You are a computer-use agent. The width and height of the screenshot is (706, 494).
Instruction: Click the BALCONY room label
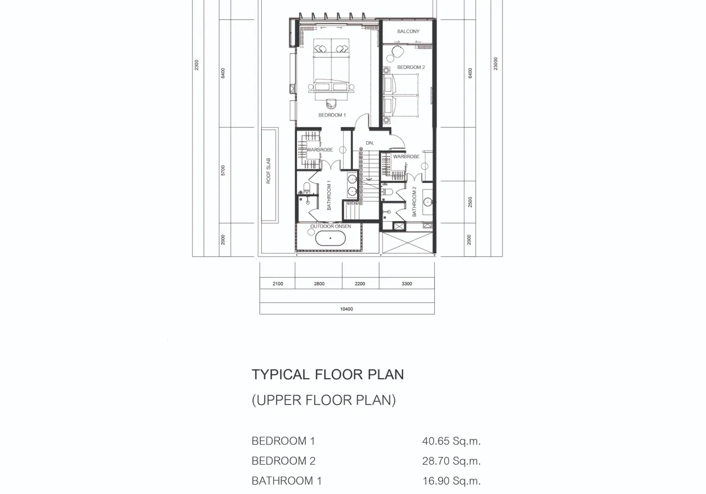click(x=408, y=32)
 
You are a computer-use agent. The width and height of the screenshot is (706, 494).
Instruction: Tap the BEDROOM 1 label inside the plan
click(x=332, y=115)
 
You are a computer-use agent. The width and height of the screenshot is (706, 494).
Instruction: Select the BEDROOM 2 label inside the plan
click(x=411, y=68)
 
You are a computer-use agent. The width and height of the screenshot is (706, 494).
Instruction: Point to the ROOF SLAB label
click(x=268, y=171)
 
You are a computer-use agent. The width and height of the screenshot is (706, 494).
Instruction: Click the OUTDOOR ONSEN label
click(x=331, y=226)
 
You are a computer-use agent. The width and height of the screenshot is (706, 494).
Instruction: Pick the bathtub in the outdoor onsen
click(x=330, y=238)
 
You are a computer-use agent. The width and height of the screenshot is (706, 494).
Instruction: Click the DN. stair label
click(x=369, y=143)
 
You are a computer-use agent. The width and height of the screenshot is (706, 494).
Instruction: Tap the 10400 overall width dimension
click(x=347, y=309)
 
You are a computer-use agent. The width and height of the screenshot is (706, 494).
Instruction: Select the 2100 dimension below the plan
click(x=278, y=284)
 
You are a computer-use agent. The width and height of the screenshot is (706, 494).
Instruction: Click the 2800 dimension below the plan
click(x=319, y=284)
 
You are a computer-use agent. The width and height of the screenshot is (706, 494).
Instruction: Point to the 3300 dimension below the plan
click(x=407, y=284)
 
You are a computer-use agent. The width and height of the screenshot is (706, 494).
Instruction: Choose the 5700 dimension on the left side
click(x=223, y=171)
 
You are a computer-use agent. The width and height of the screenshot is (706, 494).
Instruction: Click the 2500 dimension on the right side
click(x=470, y=202)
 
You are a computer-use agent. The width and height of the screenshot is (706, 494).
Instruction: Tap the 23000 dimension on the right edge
click(x=496, y=64)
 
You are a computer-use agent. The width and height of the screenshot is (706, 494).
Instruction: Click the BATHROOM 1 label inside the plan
click(x=329, y=195)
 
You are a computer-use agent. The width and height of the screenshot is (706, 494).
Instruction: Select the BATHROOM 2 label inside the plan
click(x=414, y=202)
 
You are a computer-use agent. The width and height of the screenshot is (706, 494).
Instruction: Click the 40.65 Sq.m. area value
click(x=451, y=441)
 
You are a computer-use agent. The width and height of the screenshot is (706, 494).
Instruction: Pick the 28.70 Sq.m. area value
click(x=451, y=461)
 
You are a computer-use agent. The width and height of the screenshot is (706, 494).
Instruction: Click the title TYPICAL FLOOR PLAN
click(x=328, y=375)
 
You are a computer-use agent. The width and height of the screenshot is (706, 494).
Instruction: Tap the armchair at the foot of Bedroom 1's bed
click(x=331, y=104)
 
